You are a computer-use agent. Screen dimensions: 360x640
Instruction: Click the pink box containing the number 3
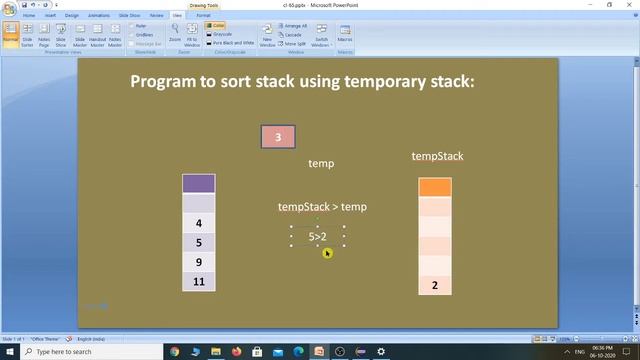[x=278, y=137]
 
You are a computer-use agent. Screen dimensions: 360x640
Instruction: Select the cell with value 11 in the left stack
[x=198, y=281]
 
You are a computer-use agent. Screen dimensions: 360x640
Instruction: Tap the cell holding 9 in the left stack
[x=198, y=262]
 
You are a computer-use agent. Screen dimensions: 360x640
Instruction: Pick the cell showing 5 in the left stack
[x=198, y=242]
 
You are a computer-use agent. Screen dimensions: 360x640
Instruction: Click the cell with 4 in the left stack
[x=198, y=223]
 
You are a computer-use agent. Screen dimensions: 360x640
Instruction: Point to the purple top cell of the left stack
[x=198, y=183]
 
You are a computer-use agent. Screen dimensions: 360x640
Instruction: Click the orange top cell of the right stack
[x=435, y=187]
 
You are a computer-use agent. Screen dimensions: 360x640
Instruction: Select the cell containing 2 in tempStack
[x=435, y=285]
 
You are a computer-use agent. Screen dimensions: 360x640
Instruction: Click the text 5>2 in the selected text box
[x=318, y=237]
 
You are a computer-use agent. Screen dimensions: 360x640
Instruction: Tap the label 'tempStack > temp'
[x=322, y=207]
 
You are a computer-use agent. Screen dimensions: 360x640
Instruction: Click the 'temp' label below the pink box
[x=321, y=163]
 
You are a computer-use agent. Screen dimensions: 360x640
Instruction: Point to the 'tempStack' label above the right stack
[x=437, y=156]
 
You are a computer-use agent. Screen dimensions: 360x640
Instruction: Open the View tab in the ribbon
[x=176, y=16]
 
